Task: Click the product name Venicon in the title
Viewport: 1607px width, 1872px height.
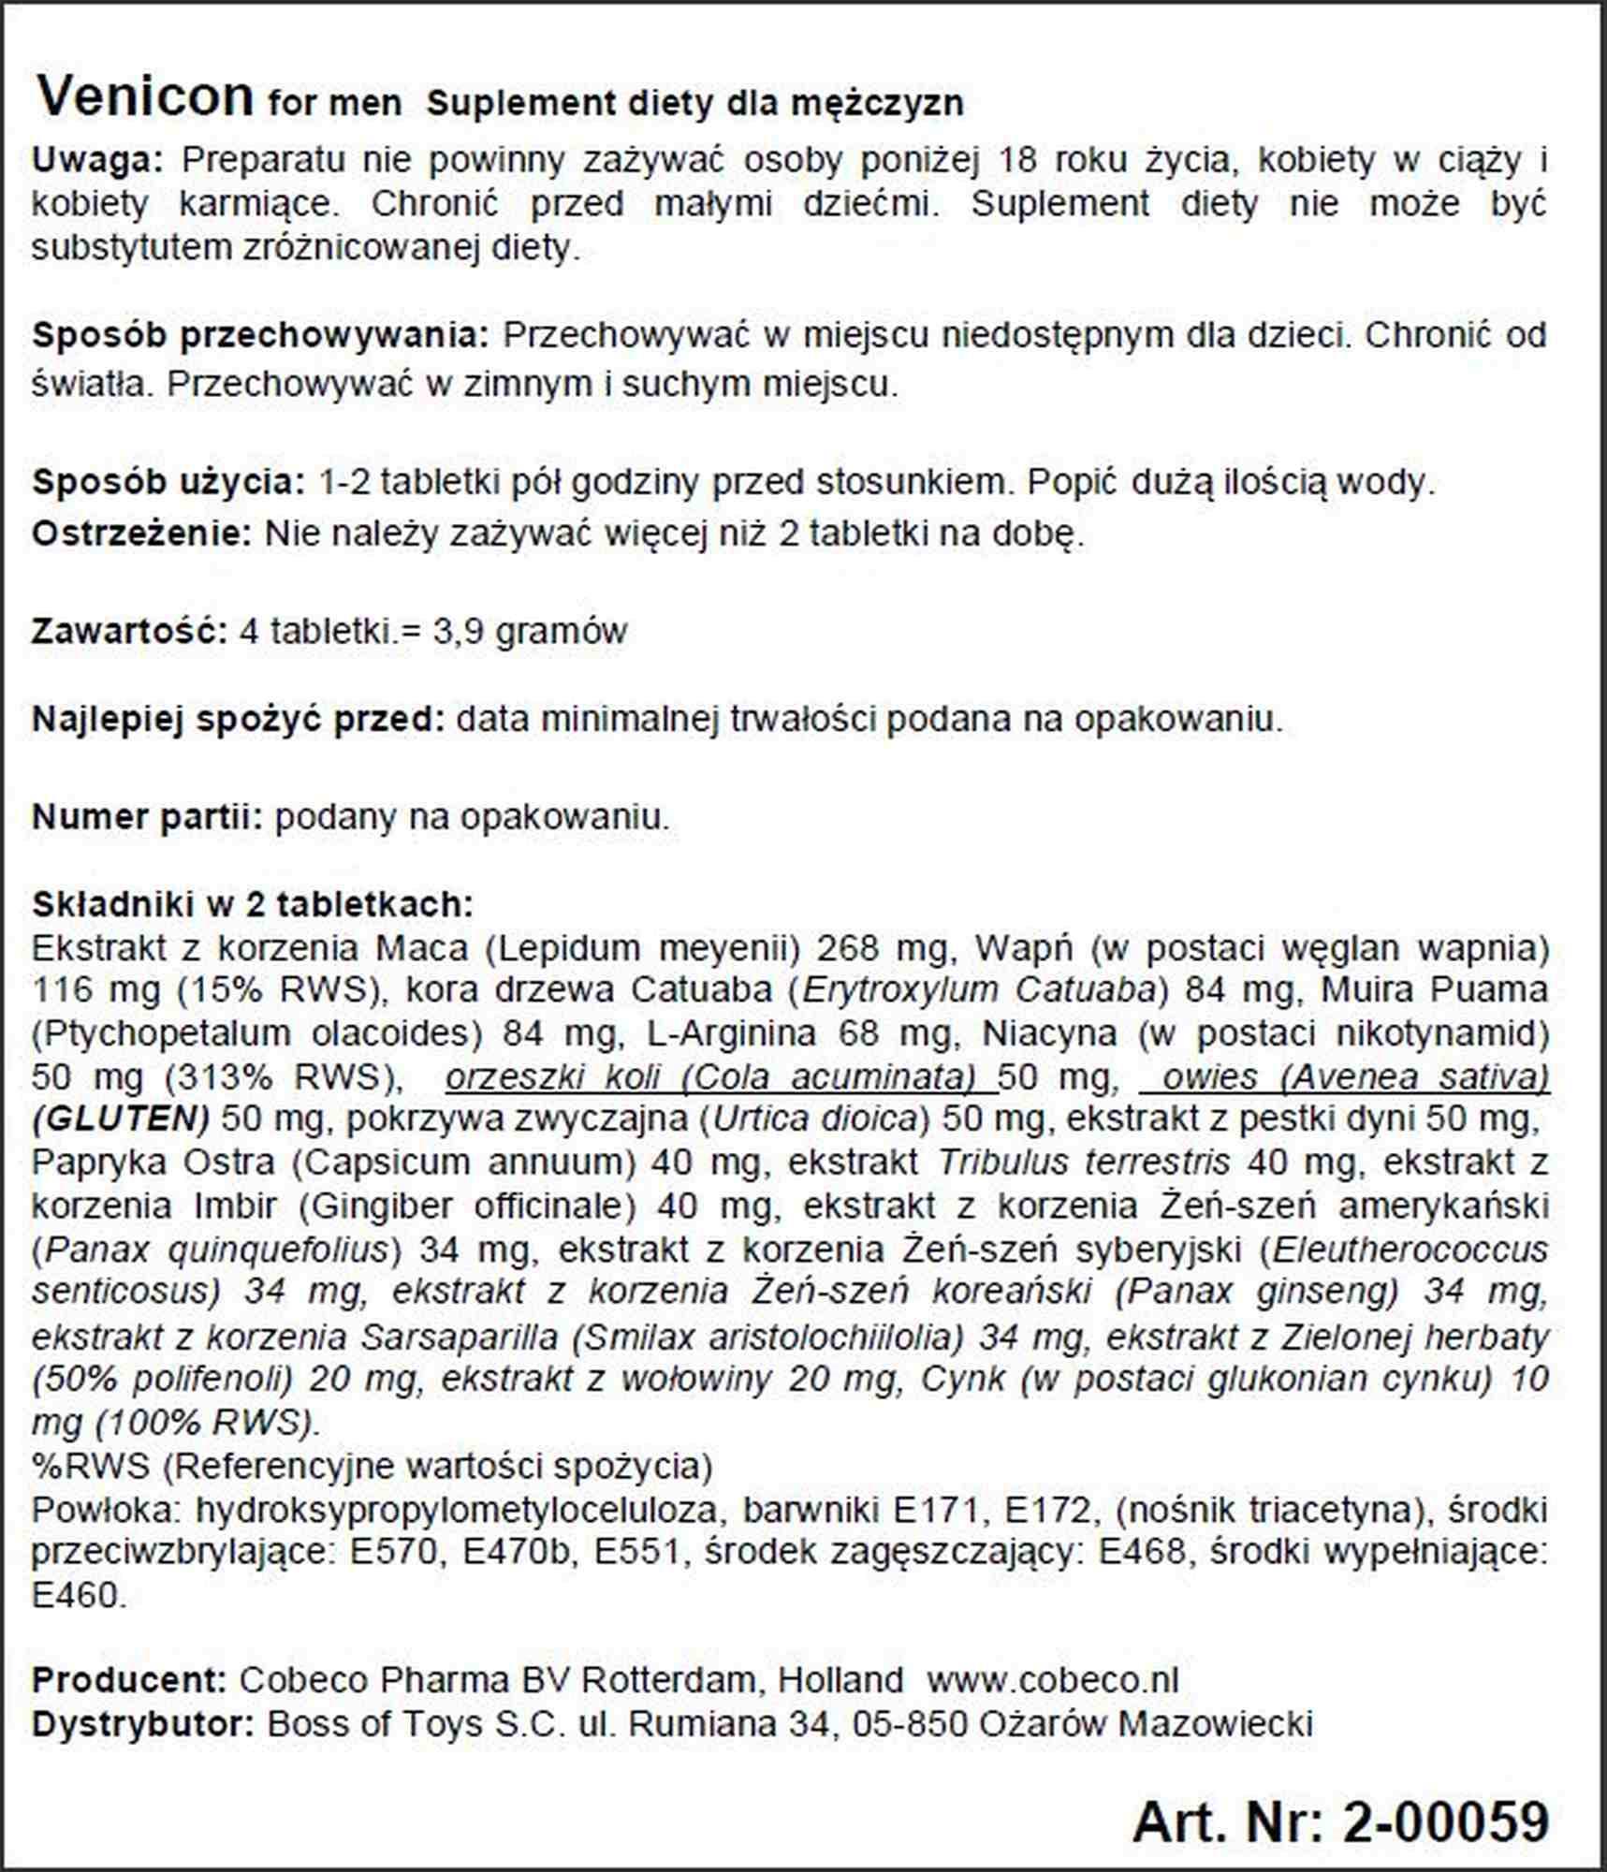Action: [x=145, y=95]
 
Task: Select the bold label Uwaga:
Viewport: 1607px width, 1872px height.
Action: [x=97, y=161]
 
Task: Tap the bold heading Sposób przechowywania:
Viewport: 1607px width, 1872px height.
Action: [x=260, y=336]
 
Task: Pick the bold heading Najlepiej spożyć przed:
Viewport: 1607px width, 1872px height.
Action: [x=238, y=720]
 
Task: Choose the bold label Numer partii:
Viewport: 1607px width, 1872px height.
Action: [x=147, y=817]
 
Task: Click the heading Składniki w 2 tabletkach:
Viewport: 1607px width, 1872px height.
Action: [x=253, y=904]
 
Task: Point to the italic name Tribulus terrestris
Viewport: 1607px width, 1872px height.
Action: [x=1083, y=1163]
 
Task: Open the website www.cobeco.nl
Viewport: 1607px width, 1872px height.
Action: [x=1052, y=1679]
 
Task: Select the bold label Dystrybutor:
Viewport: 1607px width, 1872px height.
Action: [x=142, y=1723]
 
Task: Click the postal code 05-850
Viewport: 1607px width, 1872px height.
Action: [x=903, y=1723]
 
